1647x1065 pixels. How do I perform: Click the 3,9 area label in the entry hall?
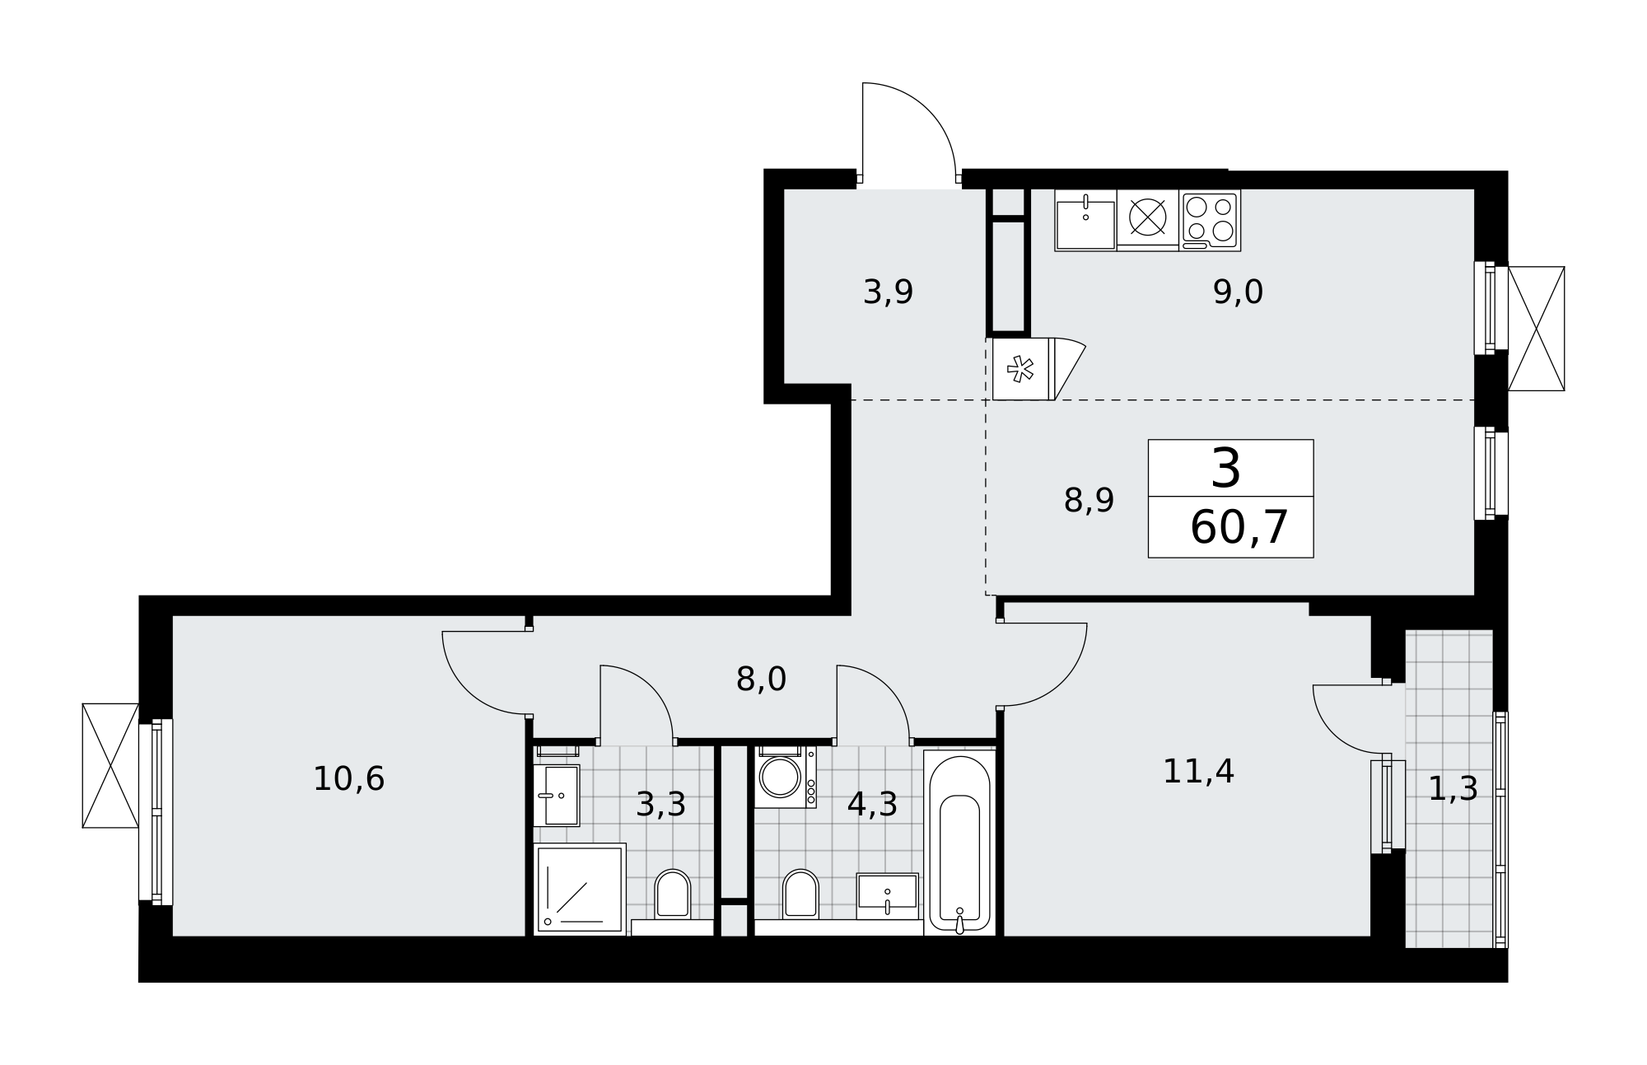pos(888,292)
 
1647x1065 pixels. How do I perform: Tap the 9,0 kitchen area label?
pos(1238,292)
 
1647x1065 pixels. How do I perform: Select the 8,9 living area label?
pos(1089,501)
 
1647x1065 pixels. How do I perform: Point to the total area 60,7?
pos(1239,528)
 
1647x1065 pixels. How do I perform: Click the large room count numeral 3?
pos(1226,469)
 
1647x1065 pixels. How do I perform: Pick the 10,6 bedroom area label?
pos(348,779)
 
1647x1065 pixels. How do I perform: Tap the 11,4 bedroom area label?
pos(1198,772)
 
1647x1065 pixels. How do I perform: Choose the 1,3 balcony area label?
pos(1453,790)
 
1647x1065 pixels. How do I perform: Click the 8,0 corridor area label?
pos(761,680)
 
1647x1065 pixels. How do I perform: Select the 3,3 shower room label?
pos(660,806)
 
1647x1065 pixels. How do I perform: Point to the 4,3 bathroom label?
pos(872,806)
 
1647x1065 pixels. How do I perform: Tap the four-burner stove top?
pos(1210,220)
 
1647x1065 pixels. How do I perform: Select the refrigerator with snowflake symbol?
pos(1024,369)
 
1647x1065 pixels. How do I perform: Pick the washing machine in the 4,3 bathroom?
pos(786,777)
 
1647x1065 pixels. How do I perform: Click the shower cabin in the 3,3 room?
pos(580,889)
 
